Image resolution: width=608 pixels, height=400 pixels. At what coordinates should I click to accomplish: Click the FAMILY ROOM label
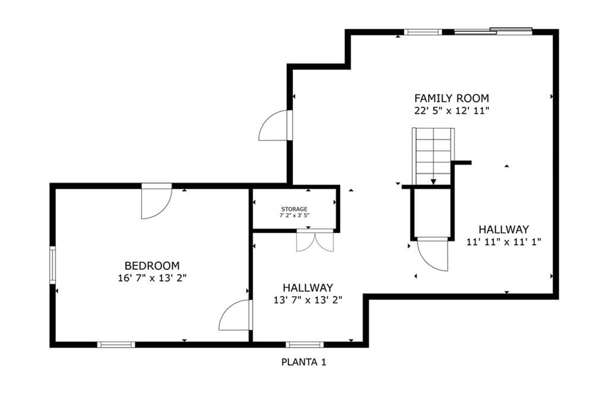(451, 98)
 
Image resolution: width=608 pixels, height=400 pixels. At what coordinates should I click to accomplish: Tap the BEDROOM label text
(152, 266)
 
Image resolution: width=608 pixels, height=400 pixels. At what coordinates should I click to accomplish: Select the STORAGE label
(294, 209)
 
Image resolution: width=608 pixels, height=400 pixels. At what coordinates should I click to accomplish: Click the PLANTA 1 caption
(303, 363)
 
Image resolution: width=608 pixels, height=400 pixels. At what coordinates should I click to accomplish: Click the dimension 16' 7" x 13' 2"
(152, 278)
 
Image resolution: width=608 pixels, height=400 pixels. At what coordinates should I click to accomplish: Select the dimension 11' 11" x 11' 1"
(503, 242)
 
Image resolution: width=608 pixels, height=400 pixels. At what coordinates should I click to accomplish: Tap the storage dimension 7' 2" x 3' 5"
(294, 215)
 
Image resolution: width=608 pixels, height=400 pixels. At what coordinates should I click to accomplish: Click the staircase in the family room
(433, 157)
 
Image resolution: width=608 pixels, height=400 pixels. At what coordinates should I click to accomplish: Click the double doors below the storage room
(315, 241)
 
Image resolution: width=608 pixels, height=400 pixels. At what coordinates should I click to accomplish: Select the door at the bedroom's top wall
(157, 202)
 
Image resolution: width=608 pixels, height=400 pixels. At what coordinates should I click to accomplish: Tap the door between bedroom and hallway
(235, 315)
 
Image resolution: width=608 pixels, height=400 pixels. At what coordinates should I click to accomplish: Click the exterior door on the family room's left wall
(275, 125)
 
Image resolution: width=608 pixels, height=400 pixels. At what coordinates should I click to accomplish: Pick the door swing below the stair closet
(433, 255)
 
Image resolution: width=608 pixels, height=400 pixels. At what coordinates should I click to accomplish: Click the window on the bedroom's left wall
(52, 265)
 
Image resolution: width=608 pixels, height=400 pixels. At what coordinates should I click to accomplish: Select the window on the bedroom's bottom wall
(116, 345)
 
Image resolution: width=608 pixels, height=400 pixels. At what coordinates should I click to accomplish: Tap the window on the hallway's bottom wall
(305, 345)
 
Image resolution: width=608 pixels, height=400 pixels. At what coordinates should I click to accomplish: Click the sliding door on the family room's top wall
(493, 31)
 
